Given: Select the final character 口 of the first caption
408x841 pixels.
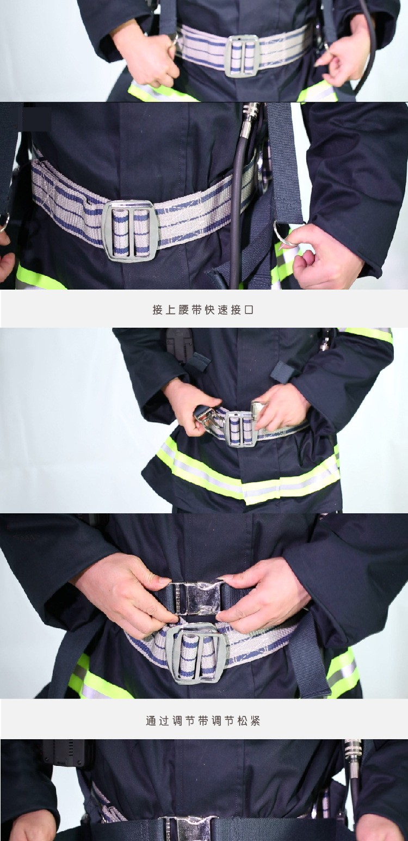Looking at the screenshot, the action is pyautogui.click(x=249, y=310).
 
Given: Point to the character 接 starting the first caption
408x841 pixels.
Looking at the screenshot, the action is pyautogui.click(x=157, y=310).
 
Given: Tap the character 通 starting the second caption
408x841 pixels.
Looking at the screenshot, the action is pyautogui.click(x=151, y=721).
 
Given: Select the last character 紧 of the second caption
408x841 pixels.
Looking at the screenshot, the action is pyautogui.click(x=255, y=721).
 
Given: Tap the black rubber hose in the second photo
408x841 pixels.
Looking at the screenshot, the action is pyautogui.click(x=236, y=210).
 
